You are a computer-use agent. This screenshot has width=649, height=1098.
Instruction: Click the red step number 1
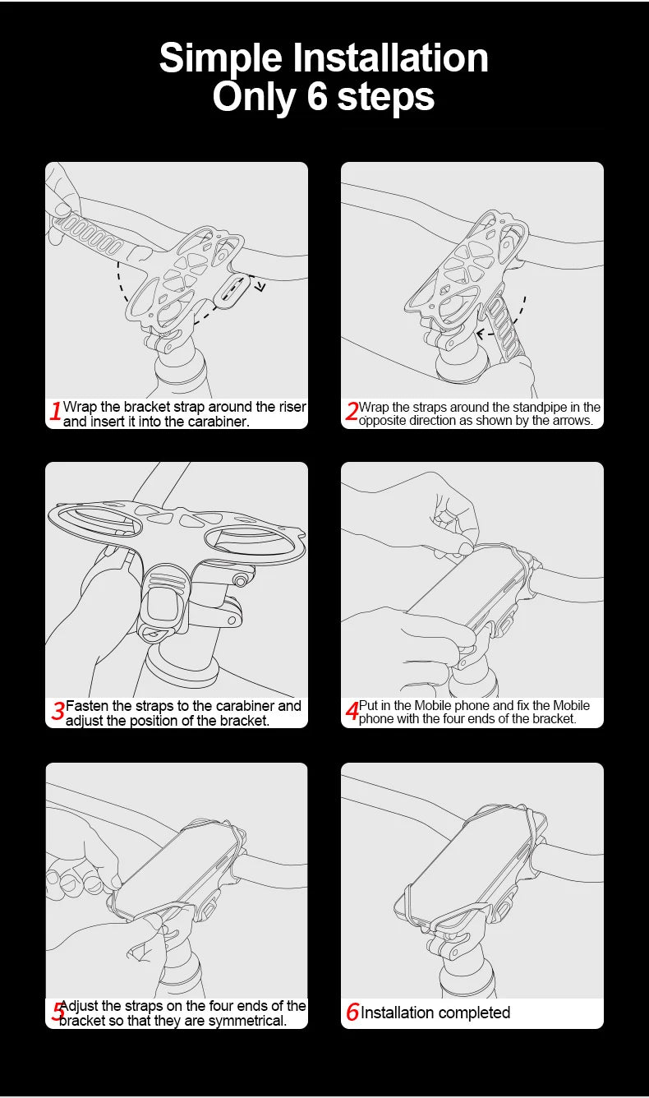point(56,411)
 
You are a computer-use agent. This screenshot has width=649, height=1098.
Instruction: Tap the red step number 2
point(352,411)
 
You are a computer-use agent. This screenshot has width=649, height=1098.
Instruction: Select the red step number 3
point(58,711)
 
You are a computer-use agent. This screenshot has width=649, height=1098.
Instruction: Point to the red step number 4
point(352,711)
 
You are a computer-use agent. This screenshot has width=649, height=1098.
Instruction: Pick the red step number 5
point(58,1010)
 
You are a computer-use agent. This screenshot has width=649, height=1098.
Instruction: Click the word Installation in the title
point(390,58)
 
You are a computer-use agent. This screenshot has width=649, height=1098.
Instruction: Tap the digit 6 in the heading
point(317,96)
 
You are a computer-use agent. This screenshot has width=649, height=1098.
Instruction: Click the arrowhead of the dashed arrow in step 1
point(261,286)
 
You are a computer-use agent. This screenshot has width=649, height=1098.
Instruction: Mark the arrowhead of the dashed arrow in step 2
point(481,334)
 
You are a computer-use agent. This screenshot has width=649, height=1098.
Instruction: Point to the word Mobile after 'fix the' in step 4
point(571,705)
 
